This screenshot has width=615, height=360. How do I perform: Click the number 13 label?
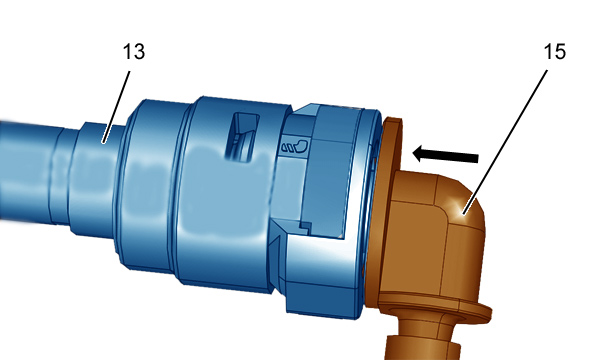tap(134, 52)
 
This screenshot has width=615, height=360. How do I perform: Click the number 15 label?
tap(555, 52)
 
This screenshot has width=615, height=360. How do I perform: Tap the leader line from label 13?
tap(116, 107)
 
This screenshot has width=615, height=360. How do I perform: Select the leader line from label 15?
tap(505, 142)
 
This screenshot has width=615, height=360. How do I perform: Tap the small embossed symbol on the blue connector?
tap(295, 146)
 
